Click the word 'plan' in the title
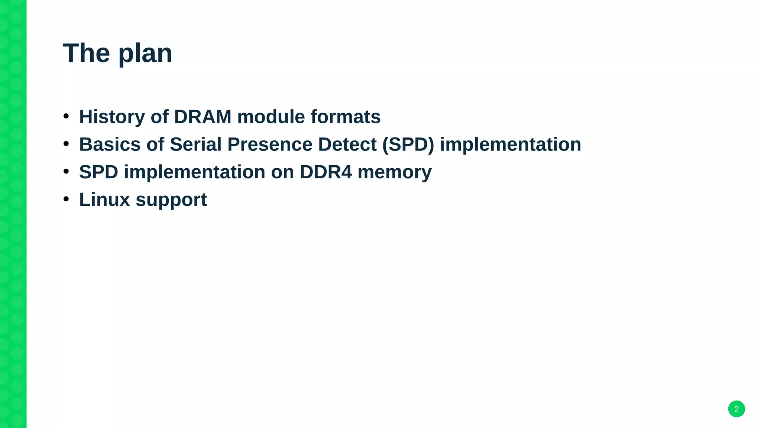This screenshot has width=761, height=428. tap(145, 54)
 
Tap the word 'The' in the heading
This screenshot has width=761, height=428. tap(86, 53)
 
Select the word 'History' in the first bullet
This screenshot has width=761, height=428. tap(112, 117)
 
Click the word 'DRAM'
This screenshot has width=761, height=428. tap(203, 117)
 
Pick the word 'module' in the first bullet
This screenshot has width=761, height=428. tap(271, 117)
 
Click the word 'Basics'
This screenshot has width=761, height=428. tap(110, 145)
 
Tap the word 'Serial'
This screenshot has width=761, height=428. tap(195, 145)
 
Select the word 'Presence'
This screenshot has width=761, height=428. tap(270, 145)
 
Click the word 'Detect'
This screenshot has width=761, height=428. tap(347, 145)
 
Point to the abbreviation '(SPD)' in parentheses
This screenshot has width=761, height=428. tap(408, 145)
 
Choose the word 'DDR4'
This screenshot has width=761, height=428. tap(326, 172)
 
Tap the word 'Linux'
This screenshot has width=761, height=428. tap(104, 200)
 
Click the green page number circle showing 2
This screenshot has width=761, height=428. tap(736, 409)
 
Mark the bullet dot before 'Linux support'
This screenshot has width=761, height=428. tap(66, 199)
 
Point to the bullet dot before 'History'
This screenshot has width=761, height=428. tap(66, 116)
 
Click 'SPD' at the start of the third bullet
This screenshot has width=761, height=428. tap(98, 172)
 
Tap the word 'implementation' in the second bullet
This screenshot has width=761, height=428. tap(510, 145)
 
